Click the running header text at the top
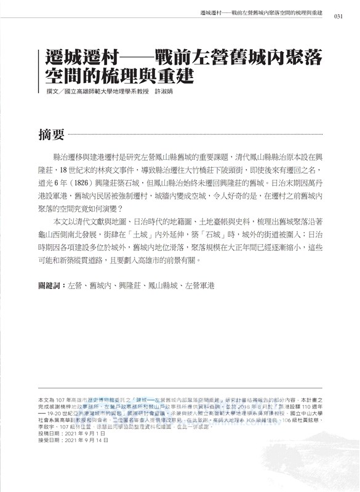coord(262,14)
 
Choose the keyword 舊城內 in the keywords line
coord(104,285)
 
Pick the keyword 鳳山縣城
coord(162,285)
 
